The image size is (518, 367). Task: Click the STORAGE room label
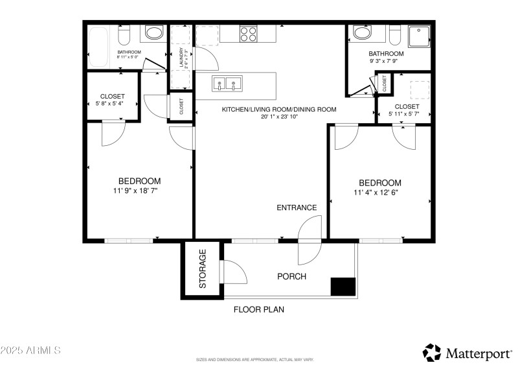click(202, 269)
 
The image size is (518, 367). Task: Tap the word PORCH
click(291, 277)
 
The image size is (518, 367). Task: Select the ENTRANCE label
click(297, 208)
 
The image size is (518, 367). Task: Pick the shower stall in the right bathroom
click(419, 38)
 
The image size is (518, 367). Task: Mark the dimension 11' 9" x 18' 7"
click(139, 191)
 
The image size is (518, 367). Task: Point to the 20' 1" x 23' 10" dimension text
click(279, 117)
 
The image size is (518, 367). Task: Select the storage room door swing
click(234, 272)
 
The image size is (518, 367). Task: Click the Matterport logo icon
click(432, 352)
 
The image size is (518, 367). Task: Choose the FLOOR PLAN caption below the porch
click(258, 310)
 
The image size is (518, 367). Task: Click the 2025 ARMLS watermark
click(30, 351)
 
